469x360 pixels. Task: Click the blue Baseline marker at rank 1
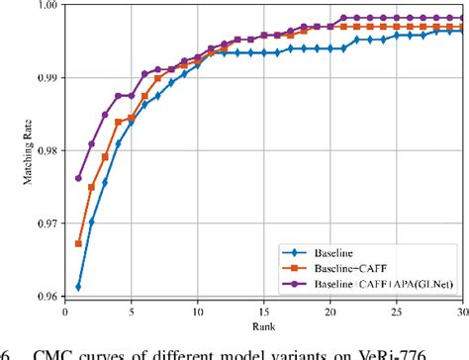click(78, 287)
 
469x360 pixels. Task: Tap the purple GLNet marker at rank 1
click(78, 179)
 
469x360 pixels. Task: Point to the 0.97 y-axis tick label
click(49, 225)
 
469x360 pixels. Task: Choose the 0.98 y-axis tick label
click(49, 151)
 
